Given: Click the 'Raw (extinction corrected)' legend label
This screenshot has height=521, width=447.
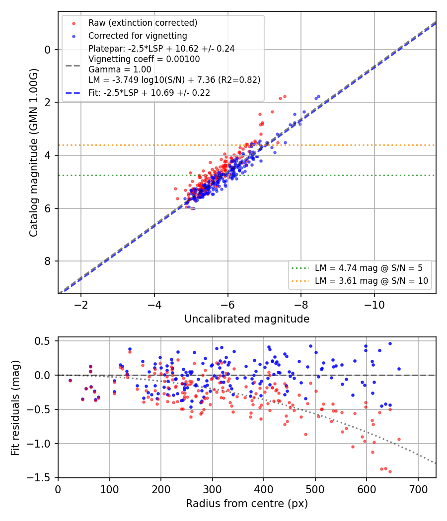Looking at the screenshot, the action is tap(143, 23).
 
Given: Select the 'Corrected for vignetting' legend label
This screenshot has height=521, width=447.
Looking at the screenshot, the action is tap(138, 36).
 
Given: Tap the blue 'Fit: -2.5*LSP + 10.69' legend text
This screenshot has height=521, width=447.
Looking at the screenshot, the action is tap(149, 93).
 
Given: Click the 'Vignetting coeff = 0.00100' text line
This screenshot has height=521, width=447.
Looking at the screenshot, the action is tap(144, 59).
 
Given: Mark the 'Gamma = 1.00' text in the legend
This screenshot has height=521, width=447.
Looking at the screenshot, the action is tap(120, 69).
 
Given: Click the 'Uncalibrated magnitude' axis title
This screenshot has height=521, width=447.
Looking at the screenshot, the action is tap(247, 319).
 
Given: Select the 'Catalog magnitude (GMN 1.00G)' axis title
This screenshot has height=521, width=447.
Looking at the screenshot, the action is tap(34, 153).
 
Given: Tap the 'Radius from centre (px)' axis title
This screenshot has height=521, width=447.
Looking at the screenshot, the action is tap(247, 504).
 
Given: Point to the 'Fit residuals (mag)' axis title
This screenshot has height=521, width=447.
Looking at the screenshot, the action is tap(15, 408).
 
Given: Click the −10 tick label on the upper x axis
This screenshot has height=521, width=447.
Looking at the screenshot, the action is tap(374, 305).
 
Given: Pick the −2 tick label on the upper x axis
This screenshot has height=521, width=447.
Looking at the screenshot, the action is tap(81, 305).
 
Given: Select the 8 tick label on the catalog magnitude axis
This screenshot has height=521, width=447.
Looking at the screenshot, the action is tap(48, 261).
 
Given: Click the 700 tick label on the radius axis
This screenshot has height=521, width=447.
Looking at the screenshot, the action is tap(418, 489).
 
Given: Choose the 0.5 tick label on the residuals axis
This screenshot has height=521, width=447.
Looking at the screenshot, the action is tap(42, 341).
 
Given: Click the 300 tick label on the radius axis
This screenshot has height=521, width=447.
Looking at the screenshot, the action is tap(212, 489).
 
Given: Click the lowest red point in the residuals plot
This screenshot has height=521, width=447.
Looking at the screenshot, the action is tap(390, 471).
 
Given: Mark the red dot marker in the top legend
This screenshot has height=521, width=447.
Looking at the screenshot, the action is tap(74, 23).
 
